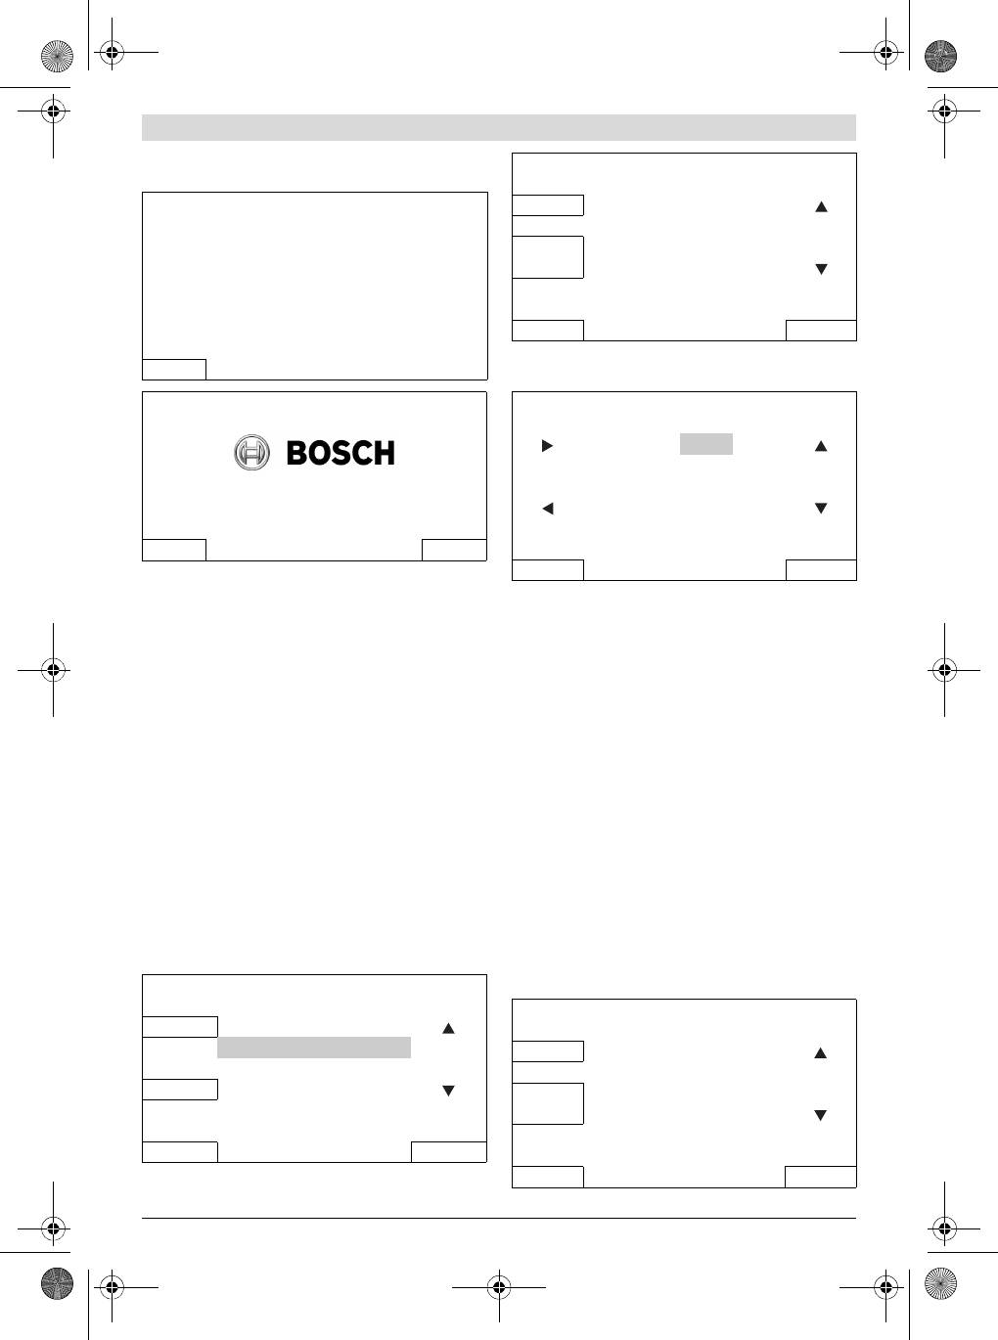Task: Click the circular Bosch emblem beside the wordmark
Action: pyautogui.click(x=251, y=452)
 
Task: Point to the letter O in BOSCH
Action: pyautogui.click(x=320, y=453)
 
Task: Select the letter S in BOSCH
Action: pyautogui.click(x=340, y=453)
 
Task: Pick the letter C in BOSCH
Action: pyautogui.click(x=360, y=453)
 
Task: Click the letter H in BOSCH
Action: pyautogui.click(x=384, y=453)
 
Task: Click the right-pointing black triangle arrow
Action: pyautogui.click(x=547, y=446)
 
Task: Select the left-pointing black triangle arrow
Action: pyautogui.click(x=548, y=509)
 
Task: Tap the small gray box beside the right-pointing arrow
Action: pyautogui.click(x=706, y=444)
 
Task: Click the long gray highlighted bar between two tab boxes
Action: pyautogui.click(x=314, y=1048)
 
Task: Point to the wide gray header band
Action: pyautogui.click(x=499, y=127)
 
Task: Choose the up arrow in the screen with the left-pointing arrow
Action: pyautogui.click(x=821, y=446)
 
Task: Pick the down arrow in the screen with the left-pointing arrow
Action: pyautogui.click(x=821, y=508)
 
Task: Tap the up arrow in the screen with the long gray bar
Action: pyautogui.click(x=448, y=1028)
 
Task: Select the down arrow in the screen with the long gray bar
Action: pyautogui.click(x=448, y=1091)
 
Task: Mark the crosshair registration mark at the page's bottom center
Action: pyautogui.click(x=499, y=1287)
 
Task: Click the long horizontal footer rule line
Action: pyautogui.click(x=499, y=1219)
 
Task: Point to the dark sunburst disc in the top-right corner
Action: pyautogui.click(x=940, y=56)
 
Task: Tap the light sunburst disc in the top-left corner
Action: pyautogui.click(x=57, y=56)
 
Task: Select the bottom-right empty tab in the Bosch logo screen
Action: pyautogui.click(x=454, y=550)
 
